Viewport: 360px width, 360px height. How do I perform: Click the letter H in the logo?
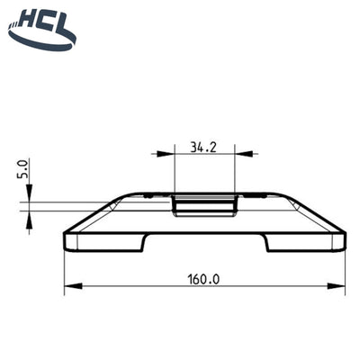click(22, 18)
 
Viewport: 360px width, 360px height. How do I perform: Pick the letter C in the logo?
click(42, 18)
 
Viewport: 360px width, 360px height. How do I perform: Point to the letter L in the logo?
click(62, 18)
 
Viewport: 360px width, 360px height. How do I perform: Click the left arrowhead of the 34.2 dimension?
click(176, 155)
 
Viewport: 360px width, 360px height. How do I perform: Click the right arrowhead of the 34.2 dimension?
click(232, 155)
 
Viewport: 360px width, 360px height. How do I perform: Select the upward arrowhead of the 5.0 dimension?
click(30, 209)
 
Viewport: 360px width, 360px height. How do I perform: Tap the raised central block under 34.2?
click(204, 204)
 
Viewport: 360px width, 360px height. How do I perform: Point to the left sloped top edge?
click(94, 212)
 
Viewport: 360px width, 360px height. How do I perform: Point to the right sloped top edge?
click(315, 212)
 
